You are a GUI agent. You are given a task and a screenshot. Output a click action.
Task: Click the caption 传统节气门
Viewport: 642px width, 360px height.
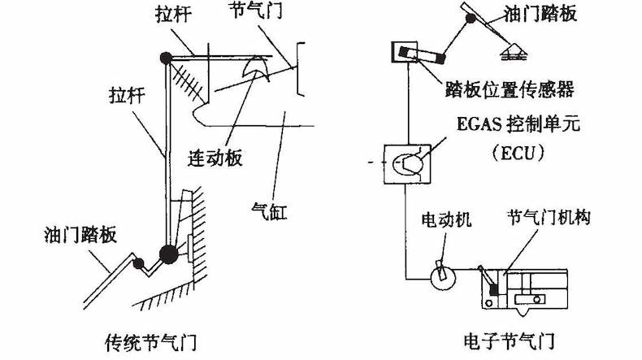pyautogui.click(x=152, y=338)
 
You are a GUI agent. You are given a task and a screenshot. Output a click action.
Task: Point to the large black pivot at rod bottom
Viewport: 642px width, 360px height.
pyautogui.click(x=168, y=254)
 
